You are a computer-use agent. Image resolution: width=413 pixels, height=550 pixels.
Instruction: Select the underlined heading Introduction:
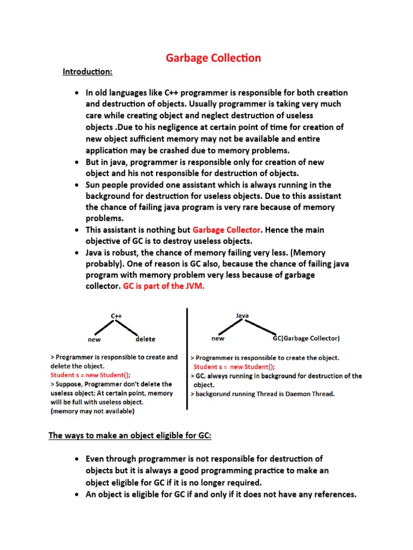click(x=88, y=71)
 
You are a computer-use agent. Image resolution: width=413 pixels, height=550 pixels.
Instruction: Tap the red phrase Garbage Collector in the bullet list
click(x=226, y=230)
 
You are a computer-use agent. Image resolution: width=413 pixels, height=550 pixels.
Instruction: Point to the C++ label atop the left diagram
click(x=116, y=316)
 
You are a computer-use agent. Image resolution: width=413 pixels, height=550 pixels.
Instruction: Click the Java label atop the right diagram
click(x=242, y=316)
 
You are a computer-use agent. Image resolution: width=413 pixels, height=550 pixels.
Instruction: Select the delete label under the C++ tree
click(x=145, y=339)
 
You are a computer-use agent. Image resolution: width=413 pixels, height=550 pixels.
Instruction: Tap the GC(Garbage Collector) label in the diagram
click(x=306, y=338)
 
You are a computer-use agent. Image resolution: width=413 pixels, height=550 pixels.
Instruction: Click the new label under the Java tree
click(x=218, y=338)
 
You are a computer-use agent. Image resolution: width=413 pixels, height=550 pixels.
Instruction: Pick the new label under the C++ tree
click(x=94, y=339)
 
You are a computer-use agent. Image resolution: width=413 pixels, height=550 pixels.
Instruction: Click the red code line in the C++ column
click(x=90, y=375)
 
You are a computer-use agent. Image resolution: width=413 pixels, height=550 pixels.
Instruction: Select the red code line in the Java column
click(x=234, y=367)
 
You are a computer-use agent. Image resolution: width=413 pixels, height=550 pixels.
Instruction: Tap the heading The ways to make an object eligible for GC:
click(x=130, y=436)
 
